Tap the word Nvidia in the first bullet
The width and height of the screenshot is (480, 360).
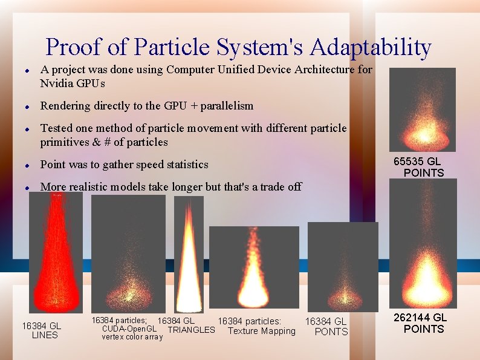click(x=57, y=82)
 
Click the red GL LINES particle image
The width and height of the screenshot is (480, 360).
click(x=56, y=252)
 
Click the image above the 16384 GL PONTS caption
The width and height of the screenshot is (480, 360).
click(x=343, y=266)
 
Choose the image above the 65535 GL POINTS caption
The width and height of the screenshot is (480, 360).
click(x=422, y=110)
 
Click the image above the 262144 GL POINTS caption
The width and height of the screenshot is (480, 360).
click(x=423, y=243)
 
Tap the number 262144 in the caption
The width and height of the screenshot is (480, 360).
click(x=411, y=318)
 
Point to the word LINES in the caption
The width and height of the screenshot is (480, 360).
click(x=45, y=335)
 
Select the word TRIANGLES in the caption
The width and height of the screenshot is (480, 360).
click(x=191, y=330)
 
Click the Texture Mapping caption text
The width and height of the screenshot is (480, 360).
click(x=262, y=331)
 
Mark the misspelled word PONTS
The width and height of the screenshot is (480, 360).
click(x=331, y=332)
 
